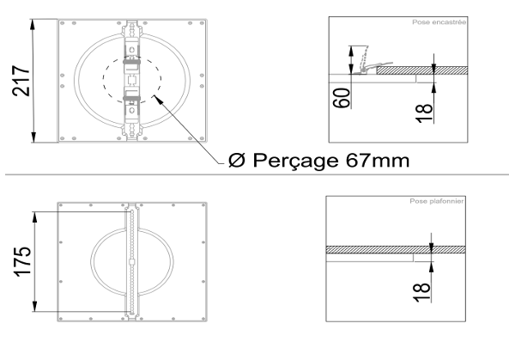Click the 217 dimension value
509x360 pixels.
click(x=21, y=81)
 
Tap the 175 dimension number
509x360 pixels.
click(x=22, y=261)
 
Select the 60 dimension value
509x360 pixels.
click(x=342, y=98)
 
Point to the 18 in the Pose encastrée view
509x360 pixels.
click(x=425, y=113)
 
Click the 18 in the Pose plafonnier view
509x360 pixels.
click(x=421, y=292)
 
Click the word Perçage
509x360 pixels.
click(x=296, y=161)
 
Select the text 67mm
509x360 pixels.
click(x=378, y=160)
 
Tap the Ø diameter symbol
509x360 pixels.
click(x=237, y=160)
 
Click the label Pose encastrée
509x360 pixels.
click(x=439, y=22)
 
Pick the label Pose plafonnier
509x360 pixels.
click(x=437, y=201)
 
